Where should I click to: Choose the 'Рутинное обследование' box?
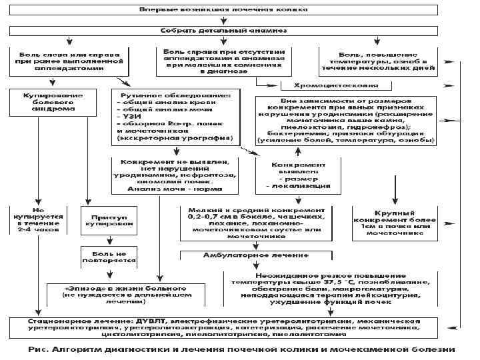(x=173, y=117)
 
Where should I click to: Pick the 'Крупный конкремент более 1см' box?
(x=395, y=220)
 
